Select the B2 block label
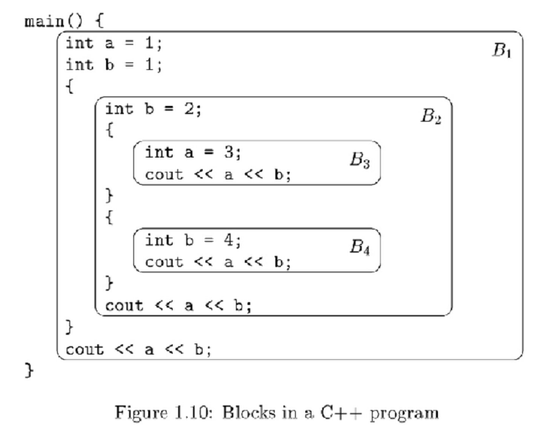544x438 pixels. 431,117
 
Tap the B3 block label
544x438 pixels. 360,162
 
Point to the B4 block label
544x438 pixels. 360,248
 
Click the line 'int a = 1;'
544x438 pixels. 114,45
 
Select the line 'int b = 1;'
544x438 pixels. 114,66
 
